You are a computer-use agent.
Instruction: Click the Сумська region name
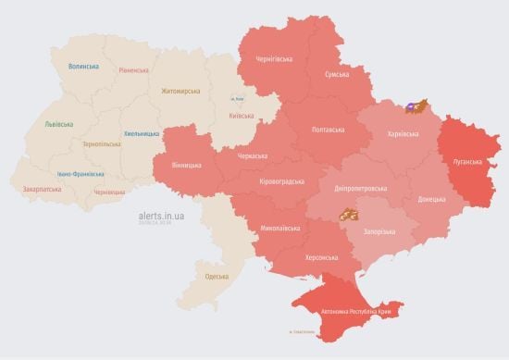click(336, 74)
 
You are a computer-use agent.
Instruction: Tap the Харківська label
click(402, 134)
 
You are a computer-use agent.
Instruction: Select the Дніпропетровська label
click(360, 188)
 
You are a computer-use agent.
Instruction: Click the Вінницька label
click(186, 165)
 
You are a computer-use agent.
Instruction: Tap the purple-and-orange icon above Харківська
click(419, 107)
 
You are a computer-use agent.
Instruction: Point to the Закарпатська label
click(42, 189)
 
